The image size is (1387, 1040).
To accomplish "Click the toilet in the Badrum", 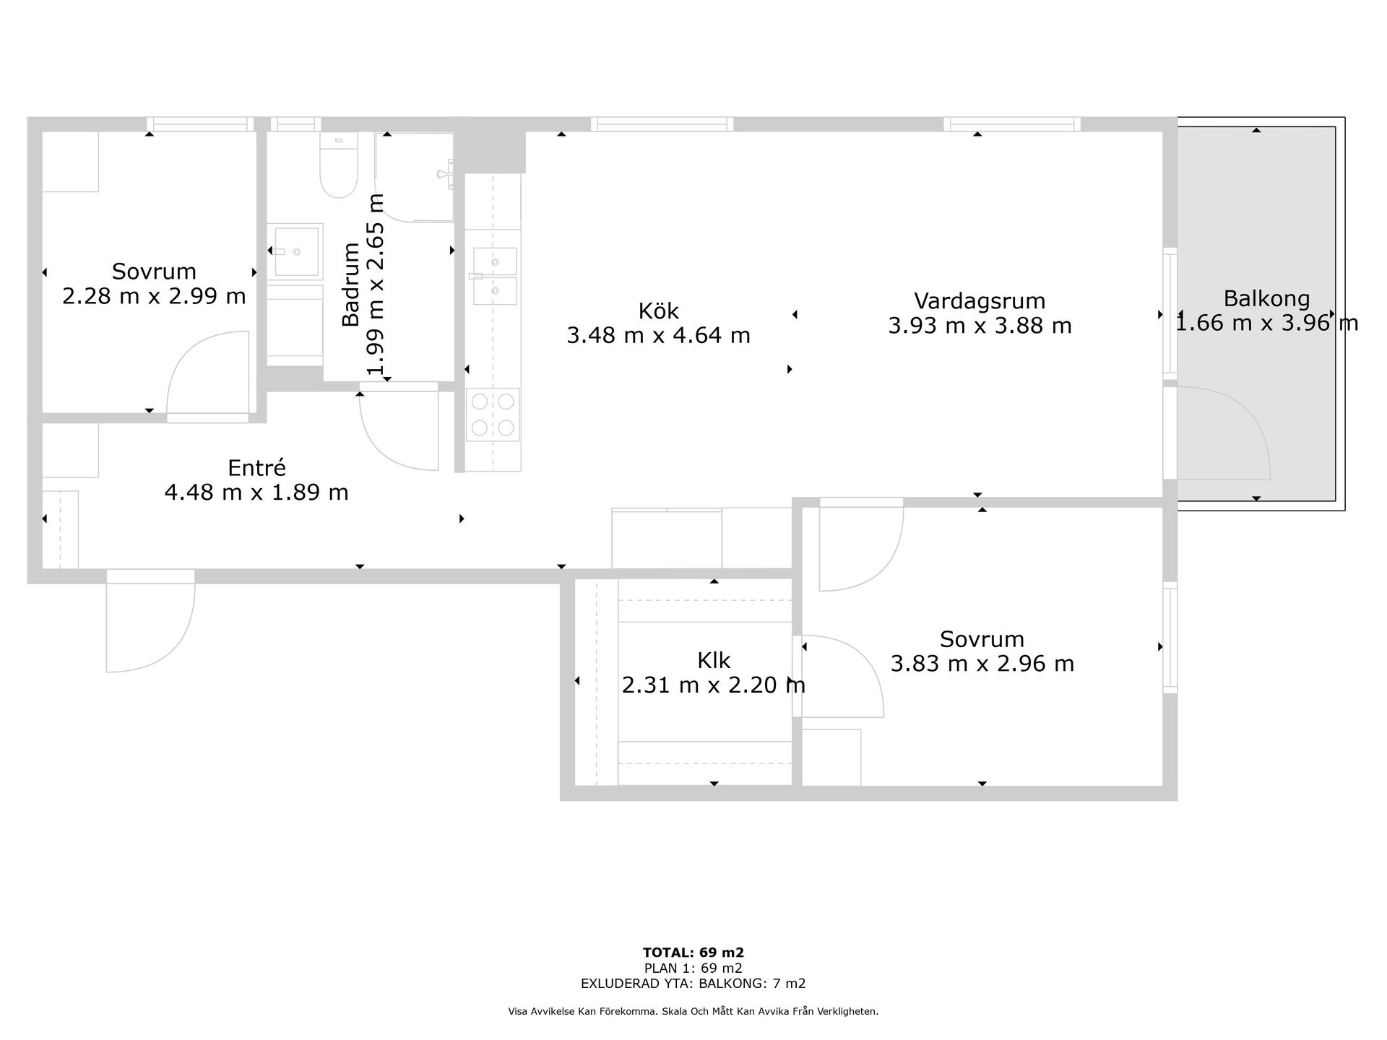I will [x=338, y=166].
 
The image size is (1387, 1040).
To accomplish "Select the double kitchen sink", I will [x=495, y=276].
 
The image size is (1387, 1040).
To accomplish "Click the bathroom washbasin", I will [x=296, y=251].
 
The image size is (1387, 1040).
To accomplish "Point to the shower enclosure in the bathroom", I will [x=415, y=177].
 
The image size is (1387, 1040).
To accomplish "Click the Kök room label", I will [x=658, y=311].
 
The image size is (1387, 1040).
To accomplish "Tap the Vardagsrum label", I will [x=980, y=300].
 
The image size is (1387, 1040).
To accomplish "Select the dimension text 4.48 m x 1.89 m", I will [x=256, y=493].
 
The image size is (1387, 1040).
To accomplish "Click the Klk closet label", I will [x=714, y=661].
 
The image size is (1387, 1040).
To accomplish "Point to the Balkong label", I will [x=1266, y=298].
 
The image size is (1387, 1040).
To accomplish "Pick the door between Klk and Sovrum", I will [x=842, y=677].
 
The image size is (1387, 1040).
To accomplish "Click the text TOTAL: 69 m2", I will [x=693, y=953].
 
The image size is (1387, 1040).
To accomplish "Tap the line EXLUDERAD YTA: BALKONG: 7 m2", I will [x=693, y=984].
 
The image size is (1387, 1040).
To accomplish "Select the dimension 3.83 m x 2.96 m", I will [x=982, y=664].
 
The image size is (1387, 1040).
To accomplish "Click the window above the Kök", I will [x=662, y=124].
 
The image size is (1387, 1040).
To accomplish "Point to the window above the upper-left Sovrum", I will [x=201, y=124].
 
